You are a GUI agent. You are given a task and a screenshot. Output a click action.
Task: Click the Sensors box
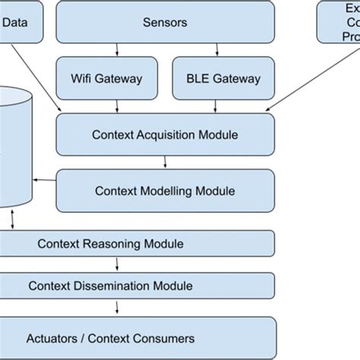tap(165, 22)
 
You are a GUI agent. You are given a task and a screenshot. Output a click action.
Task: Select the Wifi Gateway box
tap(106, 78)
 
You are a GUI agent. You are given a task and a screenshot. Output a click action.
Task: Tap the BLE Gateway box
tap(223, 78)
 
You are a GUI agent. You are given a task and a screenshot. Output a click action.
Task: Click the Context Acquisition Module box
tap(165, 135)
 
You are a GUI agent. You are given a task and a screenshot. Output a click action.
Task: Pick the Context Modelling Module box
tap(165, 191)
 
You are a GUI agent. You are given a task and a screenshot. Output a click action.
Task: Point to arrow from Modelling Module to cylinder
tap(44, 181)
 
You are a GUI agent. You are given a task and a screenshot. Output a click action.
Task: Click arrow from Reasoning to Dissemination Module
tap(116, 264)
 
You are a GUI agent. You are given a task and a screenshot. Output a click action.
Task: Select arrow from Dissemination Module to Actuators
tap(116, 307)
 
